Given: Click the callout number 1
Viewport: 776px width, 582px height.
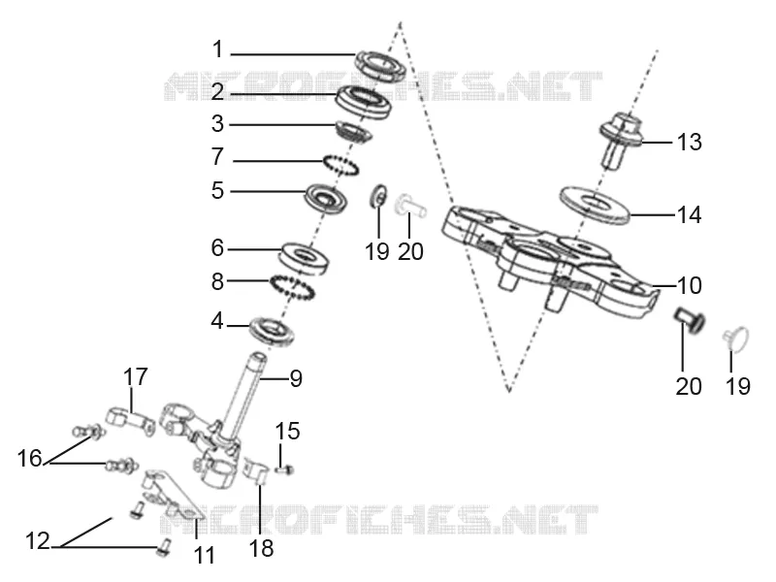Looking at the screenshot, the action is [217, 50].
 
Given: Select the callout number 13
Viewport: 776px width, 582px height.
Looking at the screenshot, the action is [689, 142].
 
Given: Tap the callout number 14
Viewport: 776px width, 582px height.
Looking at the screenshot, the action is [689, 214].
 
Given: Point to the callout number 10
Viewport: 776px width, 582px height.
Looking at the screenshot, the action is [689, 285].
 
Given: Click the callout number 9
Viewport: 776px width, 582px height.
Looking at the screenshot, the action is [296, 378].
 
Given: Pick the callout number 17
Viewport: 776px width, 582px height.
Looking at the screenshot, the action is [135, 376].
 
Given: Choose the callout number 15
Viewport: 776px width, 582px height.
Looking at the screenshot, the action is [287, 431].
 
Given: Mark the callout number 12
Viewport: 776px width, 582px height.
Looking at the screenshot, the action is [38, 541].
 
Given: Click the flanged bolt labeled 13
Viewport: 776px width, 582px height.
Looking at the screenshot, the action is [621, 140].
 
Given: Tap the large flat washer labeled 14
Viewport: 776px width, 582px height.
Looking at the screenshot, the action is [595, 205].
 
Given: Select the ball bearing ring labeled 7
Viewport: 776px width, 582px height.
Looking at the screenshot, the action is [340, 164].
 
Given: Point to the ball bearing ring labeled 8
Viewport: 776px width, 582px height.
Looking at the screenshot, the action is [292, 287].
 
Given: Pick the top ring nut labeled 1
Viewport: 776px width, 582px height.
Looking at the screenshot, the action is [380, 65].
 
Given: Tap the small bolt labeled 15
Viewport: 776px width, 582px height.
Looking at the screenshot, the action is [284, 469].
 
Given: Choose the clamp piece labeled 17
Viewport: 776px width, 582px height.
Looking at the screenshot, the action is [131, 421].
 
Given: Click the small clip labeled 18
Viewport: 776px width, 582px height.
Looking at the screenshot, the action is [257, 470].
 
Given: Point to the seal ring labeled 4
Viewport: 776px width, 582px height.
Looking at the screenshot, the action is [272, 331].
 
